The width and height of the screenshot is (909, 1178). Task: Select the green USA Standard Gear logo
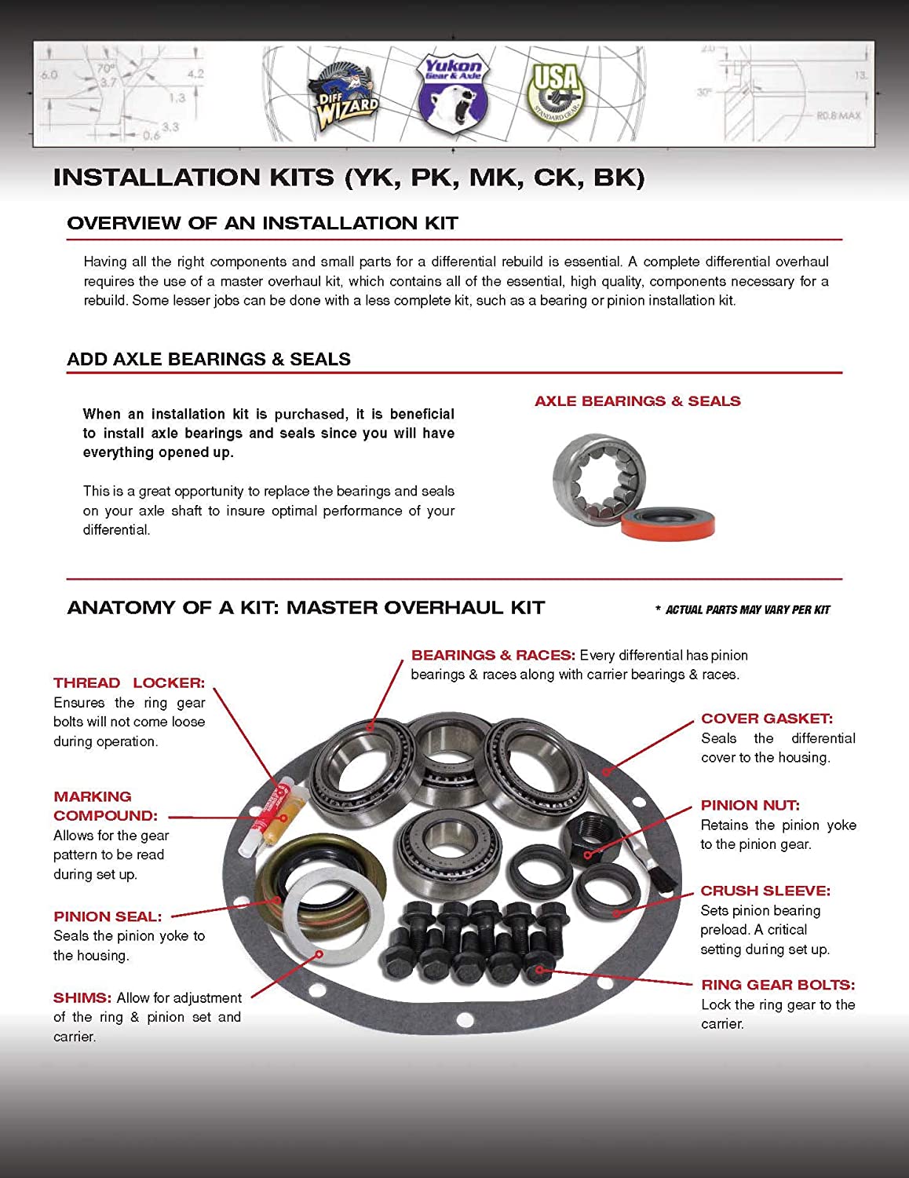(557, 92)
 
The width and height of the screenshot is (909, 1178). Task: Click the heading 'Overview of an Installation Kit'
(262, 223)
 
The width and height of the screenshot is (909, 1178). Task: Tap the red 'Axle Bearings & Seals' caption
(637, 401)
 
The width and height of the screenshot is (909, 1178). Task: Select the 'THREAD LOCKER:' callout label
(129, 683)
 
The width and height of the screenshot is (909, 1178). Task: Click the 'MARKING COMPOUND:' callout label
(104, 807)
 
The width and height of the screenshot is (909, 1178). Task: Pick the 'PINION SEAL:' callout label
(108, 916)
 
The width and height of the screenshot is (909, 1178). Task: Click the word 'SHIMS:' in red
(82, 998)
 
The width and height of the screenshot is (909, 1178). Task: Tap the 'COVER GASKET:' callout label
(767, 719)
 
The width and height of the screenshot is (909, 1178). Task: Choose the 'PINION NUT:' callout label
(750, 806)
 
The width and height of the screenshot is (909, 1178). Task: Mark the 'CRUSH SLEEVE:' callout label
(765, 891)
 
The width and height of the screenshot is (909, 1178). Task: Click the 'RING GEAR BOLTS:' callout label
(778, 985)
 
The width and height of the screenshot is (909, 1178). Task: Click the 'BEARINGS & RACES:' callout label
(493, 655)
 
